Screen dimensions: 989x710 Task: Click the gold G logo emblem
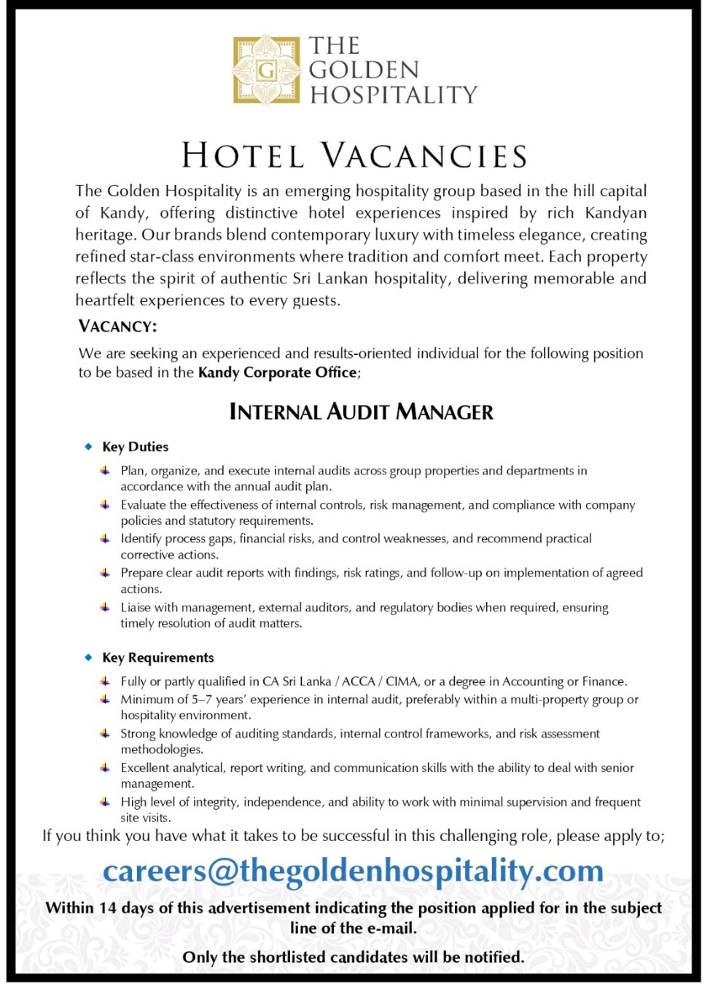(x=266, y=70)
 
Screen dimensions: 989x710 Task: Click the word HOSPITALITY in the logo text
(x=394, y=95)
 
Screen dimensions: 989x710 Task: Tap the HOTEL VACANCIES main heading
(x=354, y=156)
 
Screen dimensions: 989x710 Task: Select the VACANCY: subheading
(x=117, y=326)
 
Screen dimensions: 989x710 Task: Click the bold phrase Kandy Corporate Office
(x=278, y=372)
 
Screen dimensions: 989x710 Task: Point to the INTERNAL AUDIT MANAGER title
(x=361, y=412)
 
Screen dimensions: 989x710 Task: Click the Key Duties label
(x=135, y=447)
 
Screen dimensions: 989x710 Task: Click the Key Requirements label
(x=157, y=657)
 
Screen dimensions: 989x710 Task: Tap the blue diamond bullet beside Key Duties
(x=88, y=446)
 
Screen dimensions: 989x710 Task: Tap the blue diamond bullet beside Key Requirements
(x=88, y=657)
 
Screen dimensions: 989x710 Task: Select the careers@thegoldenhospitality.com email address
(x=354, y=871)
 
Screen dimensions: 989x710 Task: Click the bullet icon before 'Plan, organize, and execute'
(x=106, y=471)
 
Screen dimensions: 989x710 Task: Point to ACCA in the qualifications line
(x=358, y=681)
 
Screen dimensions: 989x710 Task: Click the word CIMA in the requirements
(x=402, y=681)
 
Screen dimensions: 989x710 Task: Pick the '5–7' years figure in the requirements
(x=202, y=700)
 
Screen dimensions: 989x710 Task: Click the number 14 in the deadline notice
(x=108, y=908)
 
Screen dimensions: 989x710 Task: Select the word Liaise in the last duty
(x=135, y=608)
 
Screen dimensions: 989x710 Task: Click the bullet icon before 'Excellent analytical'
(x=106, y=767)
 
